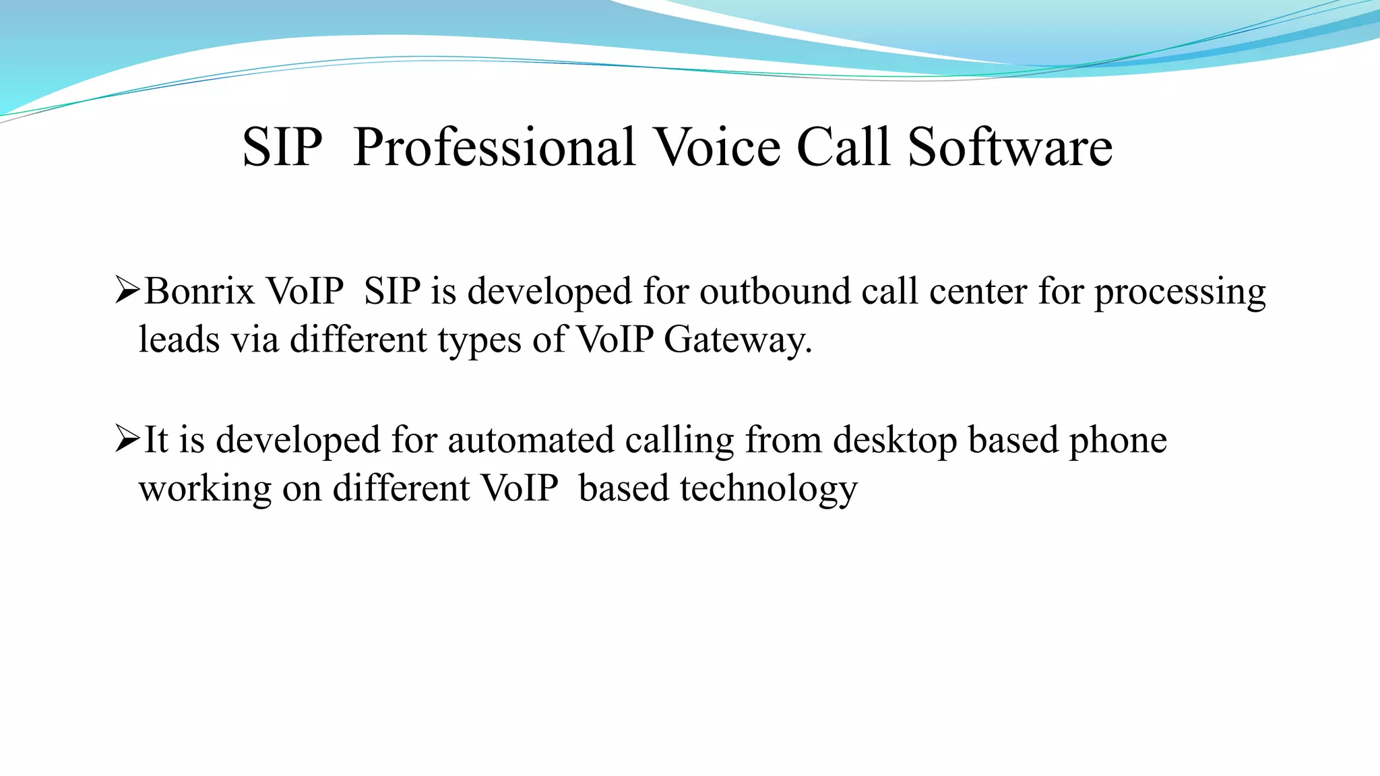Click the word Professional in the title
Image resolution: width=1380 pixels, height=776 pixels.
point(494,148)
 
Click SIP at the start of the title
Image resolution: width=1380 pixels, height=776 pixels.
point(282,148)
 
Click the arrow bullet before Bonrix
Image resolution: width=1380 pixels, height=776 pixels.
point(127,291)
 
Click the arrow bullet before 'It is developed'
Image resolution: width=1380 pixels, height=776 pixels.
point(127,439)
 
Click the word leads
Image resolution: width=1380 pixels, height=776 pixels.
point(179,339)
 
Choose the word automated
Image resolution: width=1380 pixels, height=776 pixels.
point(530,441)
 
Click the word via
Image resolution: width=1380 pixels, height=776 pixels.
point(255,339)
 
